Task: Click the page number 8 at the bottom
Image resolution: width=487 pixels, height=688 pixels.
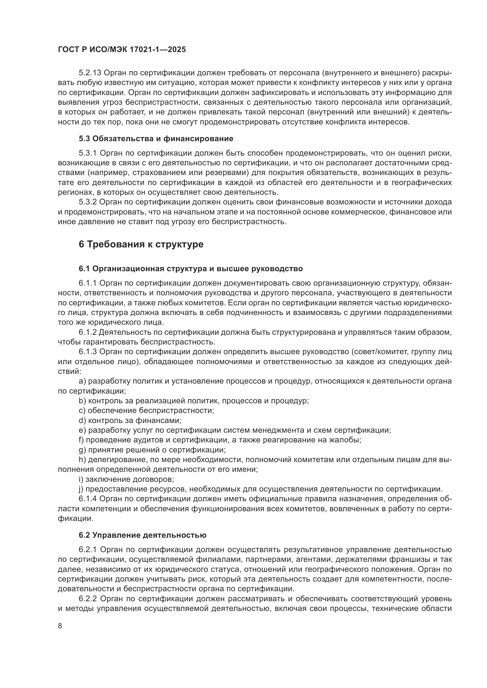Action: tap(60, 626)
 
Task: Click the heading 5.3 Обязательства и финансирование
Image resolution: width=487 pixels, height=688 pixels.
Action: tap(156, 139)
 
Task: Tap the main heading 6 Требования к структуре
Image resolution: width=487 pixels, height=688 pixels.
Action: tap(141, 244)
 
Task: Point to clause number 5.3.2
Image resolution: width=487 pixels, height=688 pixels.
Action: tap(88, 202)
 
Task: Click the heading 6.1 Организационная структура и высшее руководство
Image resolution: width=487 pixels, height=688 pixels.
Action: tap(191, 269)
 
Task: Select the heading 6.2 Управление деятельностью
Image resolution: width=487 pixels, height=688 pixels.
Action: tap(143, 535)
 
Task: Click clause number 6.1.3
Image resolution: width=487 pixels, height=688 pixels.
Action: tap(88, 352)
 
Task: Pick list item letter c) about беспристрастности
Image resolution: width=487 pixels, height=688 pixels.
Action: tap(82, 411)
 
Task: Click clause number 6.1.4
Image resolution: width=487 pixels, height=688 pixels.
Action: tap(88, 499)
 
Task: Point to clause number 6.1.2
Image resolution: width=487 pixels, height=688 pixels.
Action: tap(88, 332)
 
